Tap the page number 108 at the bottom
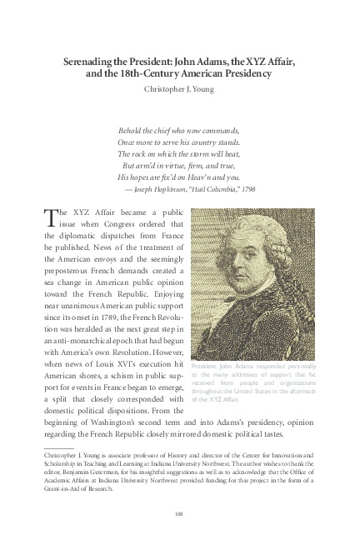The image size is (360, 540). click(x=179, y=512)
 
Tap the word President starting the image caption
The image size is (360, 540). click(x=206, y=367)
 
